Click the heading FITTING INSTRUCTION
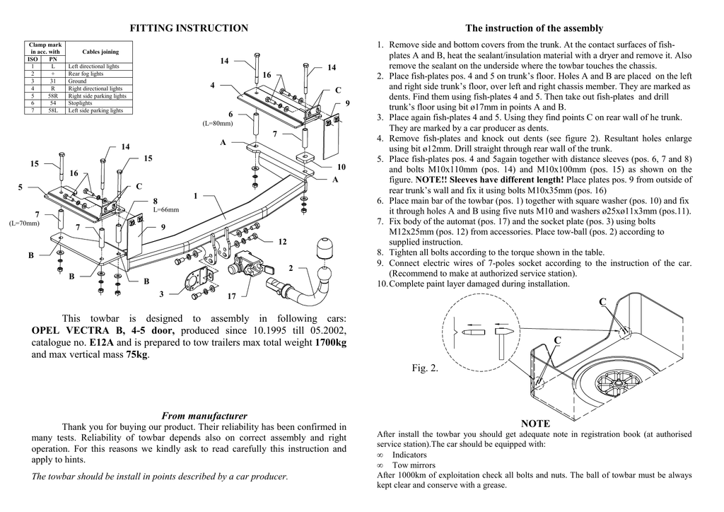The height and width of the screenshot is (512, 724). click(189, 28)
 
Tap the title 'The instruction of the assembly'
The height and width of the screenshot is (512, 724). click(534, 28)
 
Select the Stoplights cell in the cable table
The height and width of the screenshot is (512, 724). click(80, 103)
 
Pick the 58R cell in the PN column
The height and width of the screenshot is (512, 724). click(53, 96)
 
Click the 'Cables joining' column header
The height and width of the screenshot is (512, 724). click(100, 52)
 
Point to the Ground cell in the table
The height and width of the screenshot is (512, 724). click(77, 81)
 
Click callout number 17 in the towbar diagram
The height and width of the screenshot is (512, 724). click(232, 296)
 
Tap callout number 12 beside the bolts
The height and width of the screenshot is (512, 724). click(282, 242)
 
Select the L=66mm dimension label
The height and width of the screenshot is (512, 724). click(166, 210)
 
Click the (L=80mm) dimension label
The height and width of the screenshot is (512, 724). click(218, 124)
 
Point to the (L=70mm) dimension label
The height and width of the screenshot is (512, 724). click(23, 223)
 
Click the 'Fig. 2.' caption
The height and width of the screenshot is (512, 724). click(425, 368)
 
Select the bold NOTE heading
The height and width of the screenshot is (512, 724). click(535, 423)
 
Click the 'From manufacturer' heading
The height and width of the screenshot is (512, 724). click(204, 416)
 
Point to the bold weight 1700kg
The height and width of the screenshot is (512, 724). click(330, 342)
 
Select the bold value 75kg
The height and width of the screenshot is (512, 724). click(137, 354)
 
